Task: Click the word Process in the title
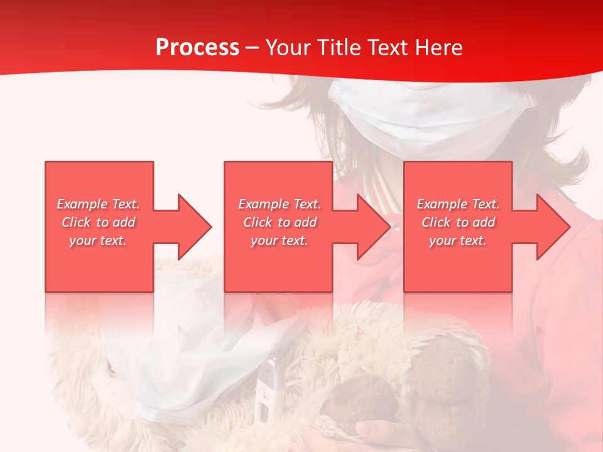[x=197, y=48]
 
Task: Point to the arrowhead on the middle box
[x=373, y=227]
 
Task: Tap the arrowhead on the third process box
[x=553, y=227]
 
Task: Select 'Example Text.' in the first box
[x=98, y=204]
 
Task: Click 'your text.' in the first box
[x=98, y=240]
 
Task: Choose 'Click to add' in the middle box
[x=280, y=222]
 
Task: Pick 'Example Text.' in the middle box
[x=280, y=204]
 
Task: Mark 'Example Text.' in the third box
[x=458, y=204]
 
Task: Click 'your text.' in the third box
[x=458, y=240]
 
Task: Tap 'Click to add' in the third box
[x=458, y=222]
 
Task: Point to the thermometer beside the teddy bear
[x=267, y=389]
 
